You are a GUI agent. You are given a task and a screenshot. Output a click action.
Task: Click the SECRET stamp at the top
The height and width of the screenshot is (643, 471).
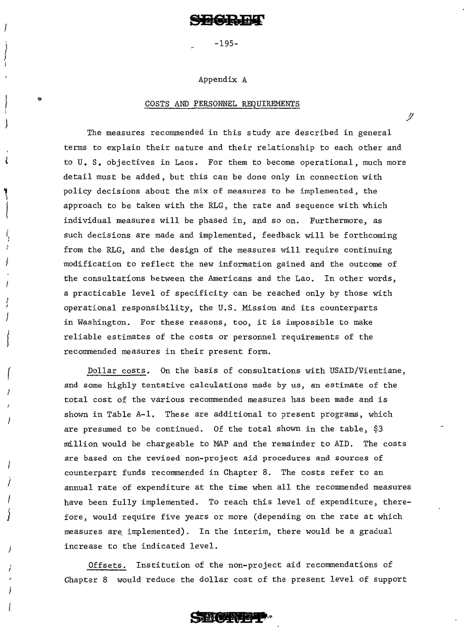227,20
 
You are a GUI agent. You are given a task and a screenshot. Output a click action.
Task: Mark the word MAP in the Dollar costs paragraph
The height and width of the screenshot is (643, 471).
220,444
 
